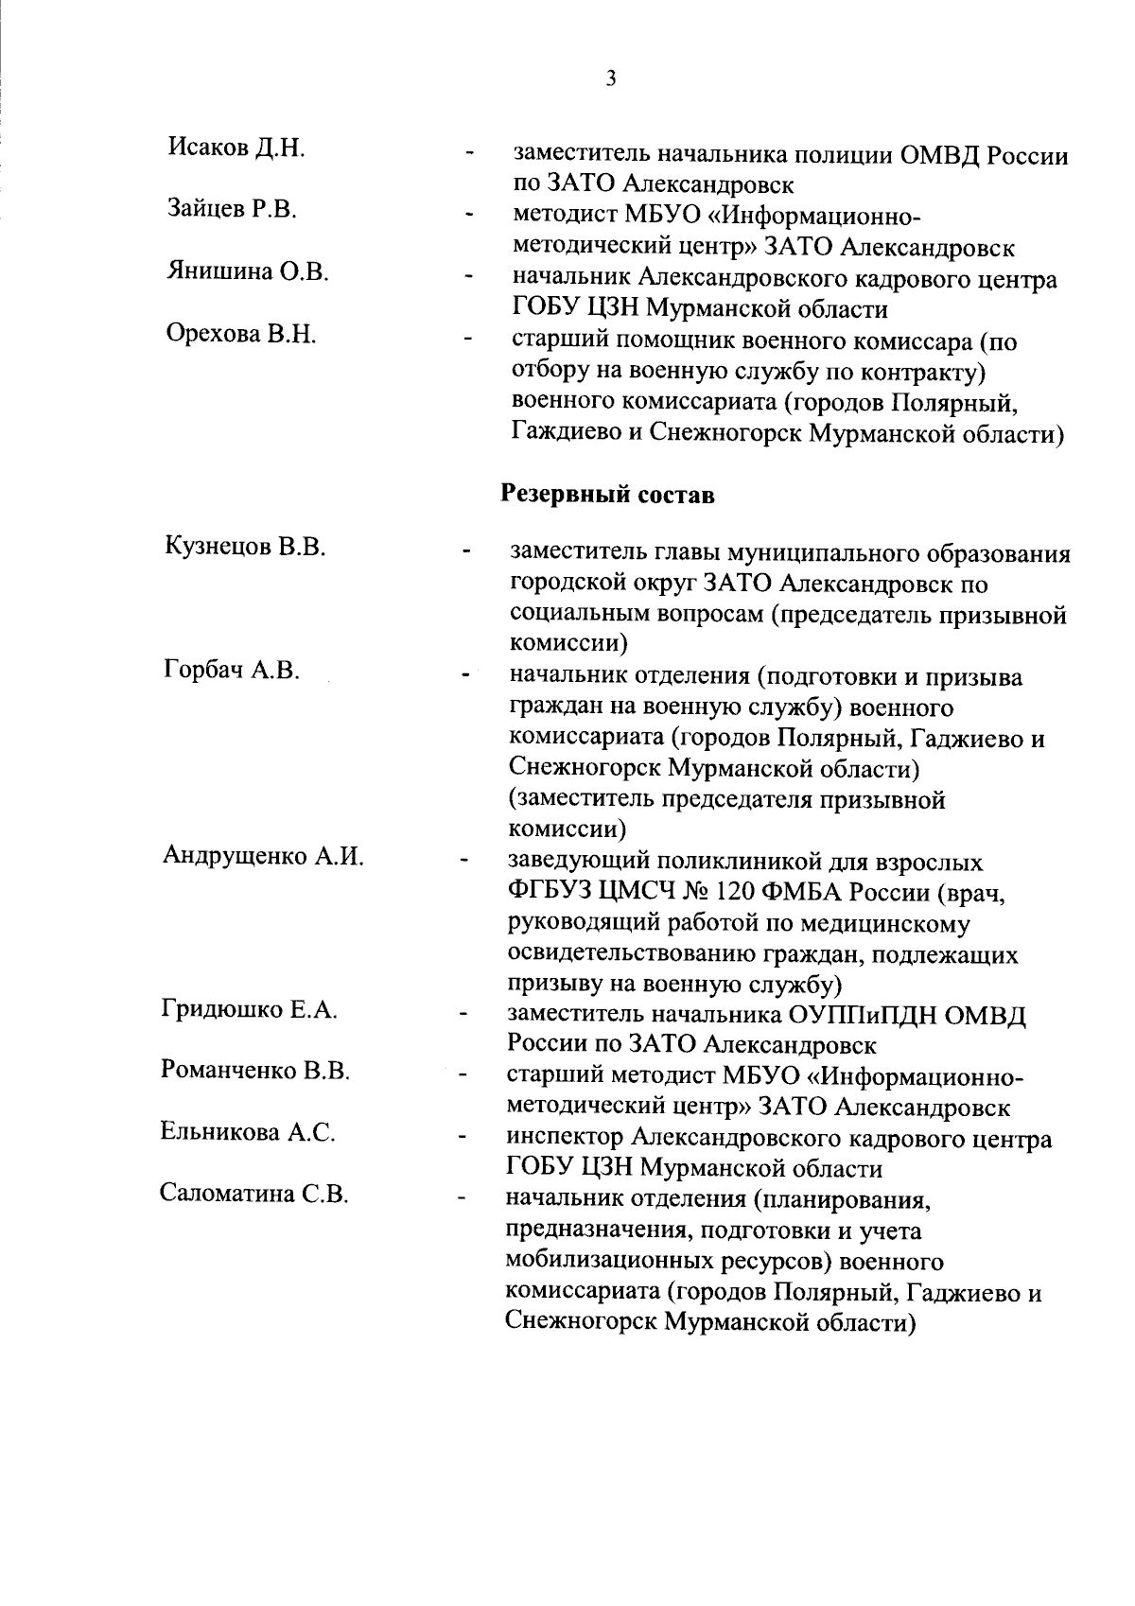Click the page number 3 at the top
pyautogui.click(x=610, y=79)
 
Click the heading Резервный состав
pyautogui.click(x=607, y=495)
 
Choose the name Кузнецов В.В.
pyautogui.click(x=245, y=547)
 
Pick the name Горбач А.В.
pyautogui.click(x=232, y=671)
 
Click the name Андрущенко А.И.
pyautogui.click(x=263, y=856)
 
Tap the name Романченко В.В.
pyautogui.click(x=256, y=1072)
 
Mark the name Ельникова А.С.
pyautogui.click(x=248, y=1132)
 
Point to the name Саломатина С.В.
pyautogui.click(x=254, y=1194)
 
